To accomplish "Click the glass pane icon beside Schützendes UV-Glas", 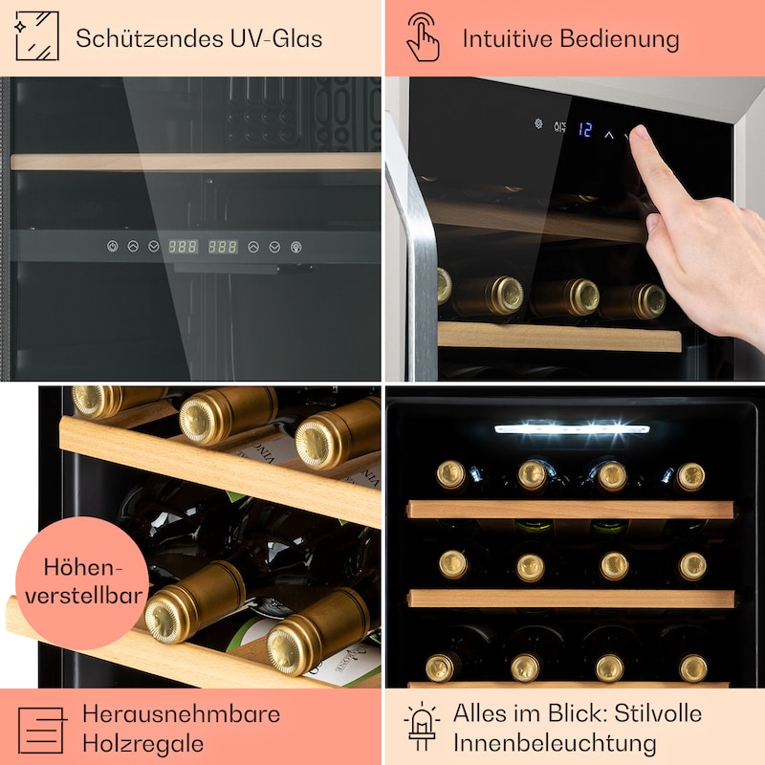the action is coord(37,36).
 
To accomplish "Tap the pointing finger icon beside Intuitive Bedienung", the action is coord(423,37).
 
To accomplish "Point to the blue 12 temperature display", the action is coord(585,129).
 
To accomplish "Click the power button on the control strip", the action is coord(112,247).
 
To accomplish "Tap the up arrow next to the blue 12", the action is coord(609,134).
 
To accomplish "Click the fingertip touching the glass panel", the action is coord(640,133).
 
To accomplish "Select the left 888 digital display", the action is coord(183,247).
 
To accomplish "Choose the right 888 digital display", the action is coord(223,247).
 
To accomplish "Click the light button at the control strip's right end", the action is coord(296,247).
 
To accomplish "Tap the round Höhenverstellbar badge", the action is coord(83,583).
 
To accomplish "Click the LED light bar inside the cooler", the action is coord(572,428).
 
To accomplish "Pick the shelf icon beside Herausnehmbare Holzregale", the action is coord(42,730).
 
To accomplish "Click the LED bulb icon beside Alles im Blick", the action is coord(422,727).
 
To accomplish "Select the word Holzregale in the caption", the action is coord(142,744).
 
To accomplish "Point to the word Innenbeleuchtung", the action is coord(555,743).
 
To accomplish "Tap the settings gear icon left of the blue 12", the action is coord(538,124).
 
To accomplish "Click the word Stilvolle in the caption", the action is coord(658,713).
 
